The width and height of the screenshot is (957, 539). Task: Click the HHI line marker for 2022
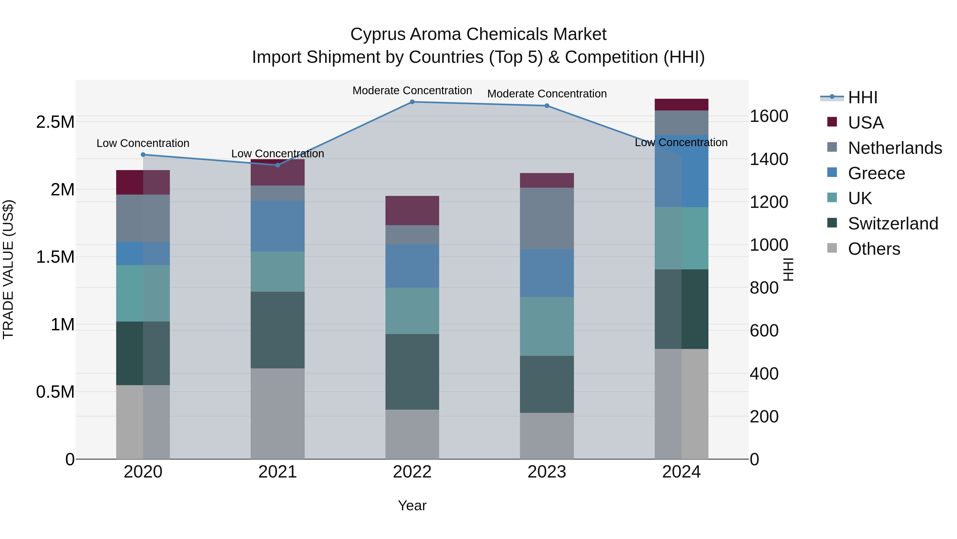[x=412, y=102]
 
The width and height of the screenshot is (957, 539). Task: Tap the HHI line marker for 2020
[x=143, y=154]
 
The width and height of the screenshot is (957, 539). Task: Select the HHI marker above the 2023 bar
[x=547, y=106]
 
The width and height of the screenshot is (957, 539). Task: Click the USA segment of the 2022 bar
[x=412, y=210]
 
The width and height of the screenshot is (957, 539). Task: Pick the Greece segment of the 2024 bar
[x=681, y=171]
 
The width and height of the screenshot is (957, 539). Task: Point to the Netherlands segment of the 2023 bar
[x=547, y=218]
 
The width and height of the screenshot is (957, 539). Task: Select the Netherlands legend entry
[x=895, y=148]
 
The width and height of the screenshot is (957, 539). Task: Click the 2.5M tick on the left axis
[x=55, y=122]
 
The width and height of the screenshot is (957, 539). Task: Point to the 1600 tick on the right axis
[x=769, y=116]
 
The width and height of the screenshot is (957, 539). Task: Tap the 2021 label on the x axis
[x=278, y=472]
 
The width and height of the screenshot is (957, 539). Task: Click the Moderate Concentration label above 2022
[x=412, y=90]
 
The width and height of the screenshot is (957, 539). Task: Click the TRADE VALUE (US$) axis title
[x=8, y=269]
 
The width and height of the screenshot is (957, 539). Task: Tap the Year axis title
[x=412, y=505]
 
